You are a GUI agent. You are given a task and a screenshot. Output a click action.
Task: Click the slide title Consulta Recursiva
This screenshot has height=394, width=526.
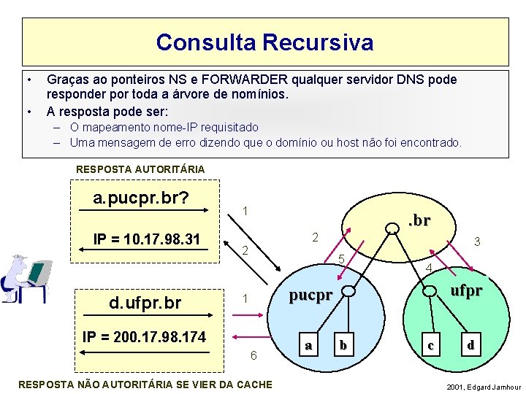point(264,42)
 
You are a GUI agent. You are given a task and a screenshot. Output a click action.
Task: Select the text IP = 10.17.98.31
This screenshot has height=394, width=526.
point(147,239)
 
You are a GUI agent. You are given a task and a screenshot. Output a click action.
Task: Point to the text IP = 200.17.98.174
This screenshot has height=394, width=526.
point(145,336)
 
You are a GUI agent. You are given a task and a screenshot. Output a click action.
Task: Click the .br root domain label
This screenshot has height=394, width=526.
point(418,220)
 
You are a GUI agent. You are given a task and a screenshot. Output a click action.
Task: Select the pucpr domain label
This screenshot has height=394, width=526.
point(310,295)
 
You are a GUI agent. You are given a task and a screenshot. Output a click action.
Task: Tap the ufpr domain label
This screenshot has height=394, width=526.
point(466,290)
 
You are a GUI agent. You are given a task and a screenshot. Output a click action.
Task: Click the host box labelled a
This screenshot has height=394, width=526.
point(309,345)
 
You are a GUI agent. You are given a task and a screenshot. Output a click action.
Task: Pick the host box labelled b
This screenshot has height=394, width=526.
point(343,344)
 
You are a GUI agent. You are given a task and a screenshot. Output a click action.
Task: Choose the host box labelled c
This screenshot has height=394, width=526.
point(431,345)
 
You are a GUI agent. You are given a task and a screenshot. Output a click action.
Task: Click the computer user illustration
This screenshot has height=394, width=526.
point(26,279)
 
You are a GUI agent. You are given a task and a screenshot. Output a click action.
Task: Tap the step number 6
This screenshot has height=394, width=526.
point(253,355)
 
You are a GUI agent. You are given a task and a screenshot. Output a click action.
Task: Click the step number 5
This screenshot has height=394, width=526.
point(341,259)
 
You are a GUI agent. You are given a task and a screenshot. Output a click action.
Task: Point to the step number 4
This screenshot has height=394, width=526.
point(430,271)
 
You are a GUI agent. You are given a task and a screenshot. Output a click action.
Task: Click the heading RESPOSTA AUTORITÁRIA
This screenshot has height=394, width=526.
point(140,169)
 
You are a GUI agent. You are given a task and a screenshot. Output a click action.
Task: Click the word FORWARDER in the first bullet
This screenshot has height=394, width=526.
point(237,79)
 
